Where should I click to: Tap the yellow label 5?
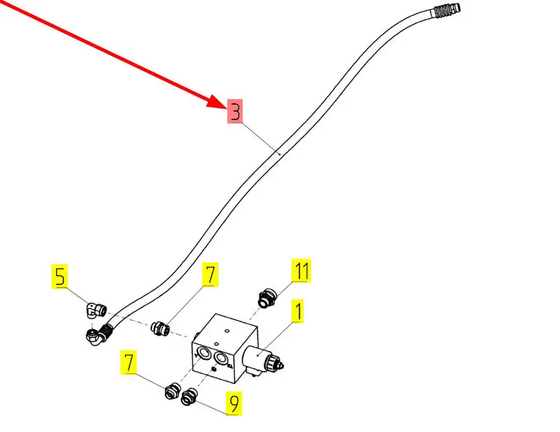coord(61,277)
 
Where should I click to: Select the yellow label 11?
coord(301,271)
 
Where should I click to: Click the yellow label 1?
coord(297,312)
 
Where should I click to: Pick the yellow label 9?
coord(234,403)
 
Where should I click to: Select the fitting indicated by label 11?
coord(265,298)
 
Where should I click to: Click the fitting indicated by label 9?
coord(188,398)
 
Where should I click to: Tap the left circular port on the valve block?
coord(203,353)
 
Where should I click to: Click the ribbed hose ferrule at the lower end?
coord(107,329)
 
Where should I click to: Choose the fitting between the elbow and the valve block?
coord(161,327)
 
